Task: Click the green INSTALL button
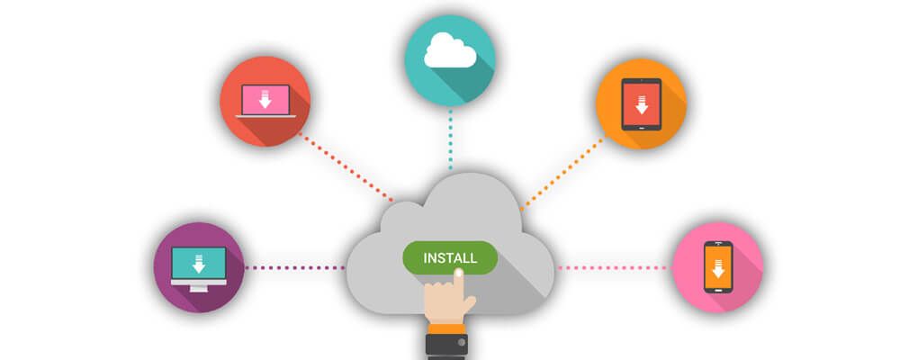click(449, 257)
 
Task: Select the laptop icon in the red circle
click(265, 101)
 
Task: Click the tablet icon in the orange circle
click(641, 103)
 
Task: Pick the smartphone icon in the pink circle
click(717, 266)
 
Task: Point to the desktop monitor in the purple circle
click(199, 267)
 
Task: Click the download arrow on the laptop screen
click(265, 98)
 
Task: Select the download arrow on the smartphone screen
click(717, 268)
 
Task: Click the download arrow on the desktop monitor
click(199, 263)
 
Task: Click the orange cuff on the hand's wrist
click(447, 328)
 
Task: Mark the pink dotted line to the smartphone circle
click(612, 267)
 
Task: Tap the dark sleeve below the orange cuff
click(447, 346)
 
